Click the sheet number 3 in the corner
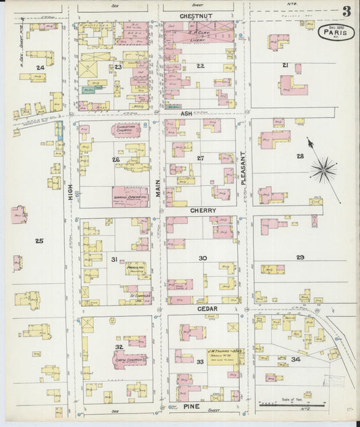pyautogui.click(x=346, y=11)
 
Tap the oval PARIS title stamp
pyautogui.click(x=336, y=32)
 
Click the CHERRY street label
pyautogui.click(x=203, y=211)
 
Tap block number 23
pyautogui.click(x=118, y=66)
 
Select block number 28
pyautogui.click(x=299, y=156)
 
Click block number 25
pyautogui.click(x=38, y=241)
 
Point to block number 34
pyautogui.click(x=295, y=359)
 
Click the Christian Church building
pyautogui.click(x=126, y=129)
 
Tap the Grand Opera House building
pyautogui.click(x=130, y=197)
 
